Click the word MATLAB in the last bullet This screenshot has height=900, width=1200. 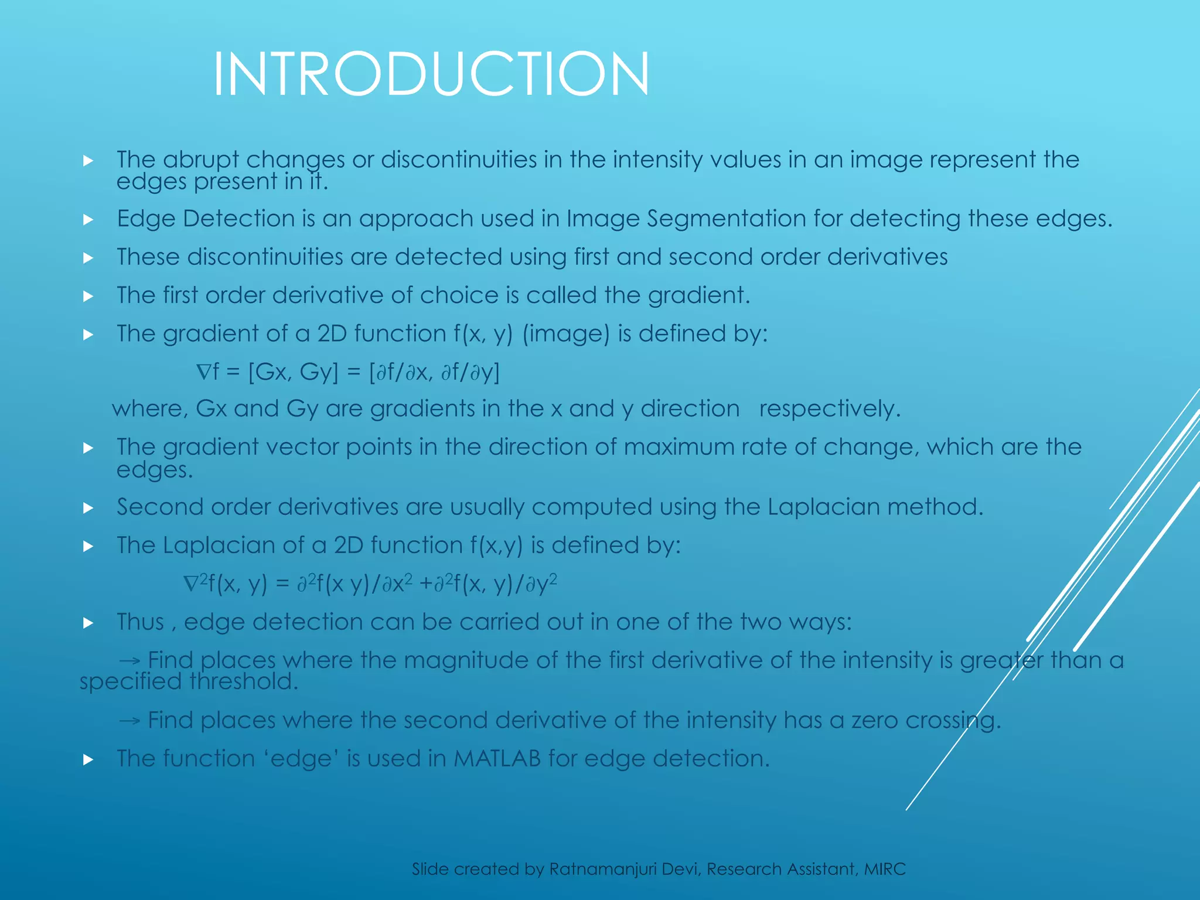(x=497, y=759)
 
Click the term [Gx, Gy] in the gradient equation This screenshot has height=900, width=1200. (x=294, y=372)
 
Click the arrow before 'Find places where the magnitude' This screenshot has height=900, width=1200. (x=130, y=661)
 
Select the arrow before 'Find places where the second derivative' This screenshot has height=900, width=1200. (x=130, y=721)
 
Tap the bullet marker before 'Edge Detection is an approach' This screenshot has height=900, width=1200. (x=88, y=220)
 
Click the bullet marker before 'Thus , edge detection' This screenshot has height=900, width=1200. (x=88, y=623)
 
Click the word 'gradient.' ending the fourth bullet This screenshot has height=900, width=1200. (x=699, y=295)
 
